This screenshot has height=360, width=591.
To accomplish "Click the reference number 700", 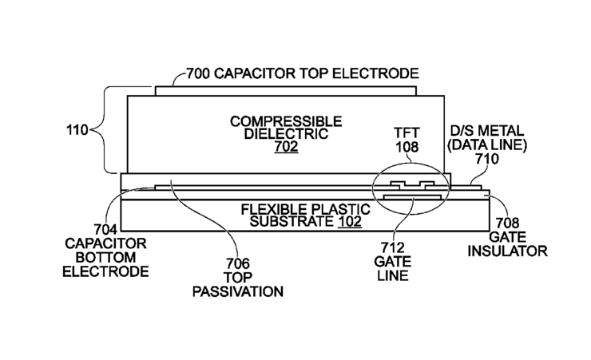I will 200,74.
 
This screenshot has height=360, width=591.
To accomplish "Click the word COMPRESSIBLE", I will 285,121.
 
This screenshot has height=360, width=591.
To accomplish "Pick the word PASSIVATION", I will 238,291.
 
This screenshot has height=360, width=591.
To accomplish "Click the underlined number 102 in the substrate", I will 347,221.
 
